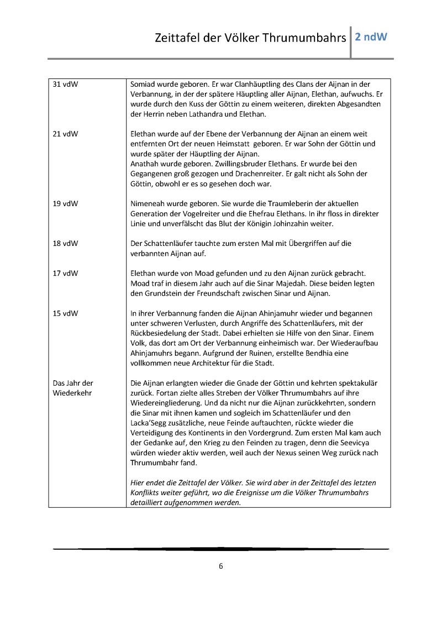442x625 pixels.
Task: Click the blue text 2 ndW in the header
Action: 371,38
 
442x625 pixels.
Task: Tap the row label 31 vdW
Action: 65,84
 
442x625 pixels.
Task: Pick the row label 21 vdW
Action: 65,134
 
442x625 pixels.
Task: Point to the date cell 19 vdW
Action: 65,203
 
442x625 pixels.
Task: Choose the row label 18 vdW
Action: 65,243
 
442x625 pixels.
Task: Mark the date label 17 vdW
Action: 65,273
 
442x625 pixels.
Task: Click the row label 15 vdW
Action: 65,313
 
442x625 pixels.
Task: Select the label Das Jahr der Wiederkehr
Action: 72,388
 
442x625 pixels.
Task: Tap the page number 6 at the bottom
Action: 220,566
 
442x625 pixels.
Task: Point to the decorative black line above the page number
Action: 220,549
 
